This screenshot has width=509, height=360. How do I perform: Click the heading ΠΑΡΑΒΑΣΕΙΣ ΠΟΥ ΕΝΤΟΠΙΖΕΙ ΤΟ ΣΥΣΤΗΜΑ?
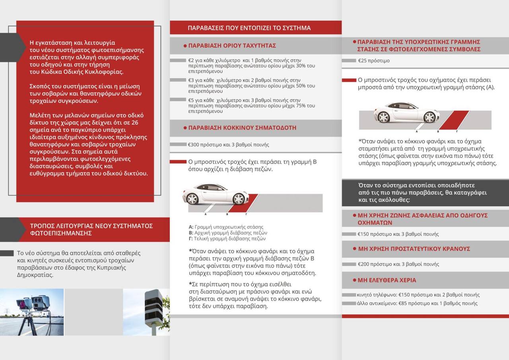coord(249,28)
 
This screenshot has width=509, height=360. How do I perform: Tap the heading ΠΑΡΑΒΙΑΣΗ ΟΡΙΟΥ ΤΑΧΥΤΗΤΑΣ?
coord(232,46)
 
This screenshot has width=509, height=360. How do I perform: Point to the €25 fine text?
coord(363,61)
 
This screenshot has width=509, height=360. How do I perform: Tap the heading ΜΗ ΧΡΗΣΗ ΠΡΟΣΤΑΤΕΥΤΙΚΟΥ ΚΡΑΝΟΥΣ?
coord(414,249)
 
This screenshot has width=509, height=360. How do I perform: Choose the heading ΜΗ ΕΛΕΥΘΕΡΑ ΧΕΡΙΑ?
coord(387,280)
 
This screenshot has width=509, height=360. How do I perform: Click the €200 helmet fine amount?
coord(364,264)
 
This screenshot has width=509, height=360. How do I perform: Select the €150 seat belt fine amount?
coord(364,234)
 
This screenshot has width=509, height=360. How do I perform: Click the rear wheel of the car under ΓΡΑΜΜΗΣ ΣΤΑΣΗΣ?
coord(383,117)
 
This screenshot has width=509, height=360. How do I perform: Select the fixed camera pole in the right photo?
coord(153,310)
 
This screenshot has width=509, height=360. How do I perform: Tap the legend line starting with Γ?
coord(227,239)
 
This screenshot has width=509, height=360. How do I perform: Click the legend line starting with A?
coord(226,227)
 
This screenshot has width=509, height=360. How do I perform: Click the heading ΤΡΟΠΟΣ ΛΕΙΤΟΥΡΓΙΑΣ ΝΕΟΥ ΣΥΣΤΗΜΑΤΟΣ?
coord(91,230)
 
